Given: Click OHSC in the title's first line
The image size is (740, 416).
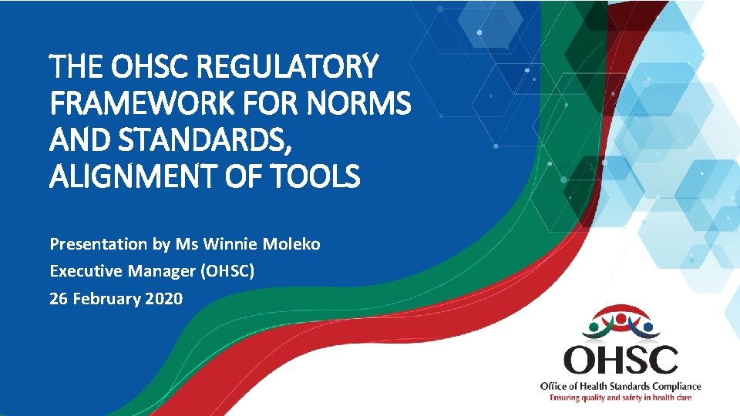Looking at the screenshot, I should tap(154, 68).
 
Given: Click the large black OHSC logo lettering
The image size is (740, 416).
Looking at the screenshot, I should tap(621, 359).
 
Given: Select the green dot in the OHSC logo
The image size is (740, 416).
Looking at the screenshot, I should tap(594, 326).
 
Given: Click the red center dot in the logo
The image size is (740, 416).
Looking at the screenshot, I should tap(621, 315).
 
